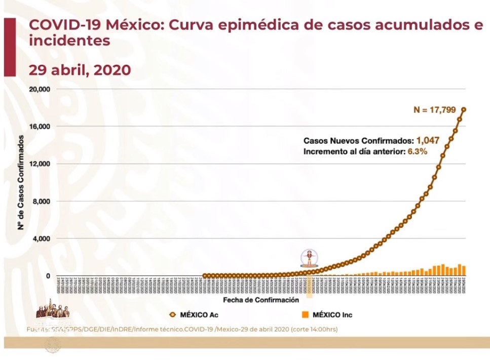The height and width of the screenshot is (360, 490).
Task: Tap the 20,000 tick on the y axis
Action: (39, 89)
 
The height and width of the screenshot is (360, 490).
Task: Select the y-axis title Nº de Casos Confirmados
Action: (21, 182)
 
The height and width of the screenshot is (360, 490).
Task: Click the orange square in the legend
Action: (305, 315)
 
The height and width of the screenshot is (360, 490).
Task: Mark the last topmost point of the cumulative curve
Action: (464, 109)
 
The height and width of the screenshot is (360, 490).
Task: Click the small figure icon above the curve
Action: (309, 258)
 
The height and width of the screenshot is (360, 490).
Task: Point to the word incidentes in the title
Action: (69, 41)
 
